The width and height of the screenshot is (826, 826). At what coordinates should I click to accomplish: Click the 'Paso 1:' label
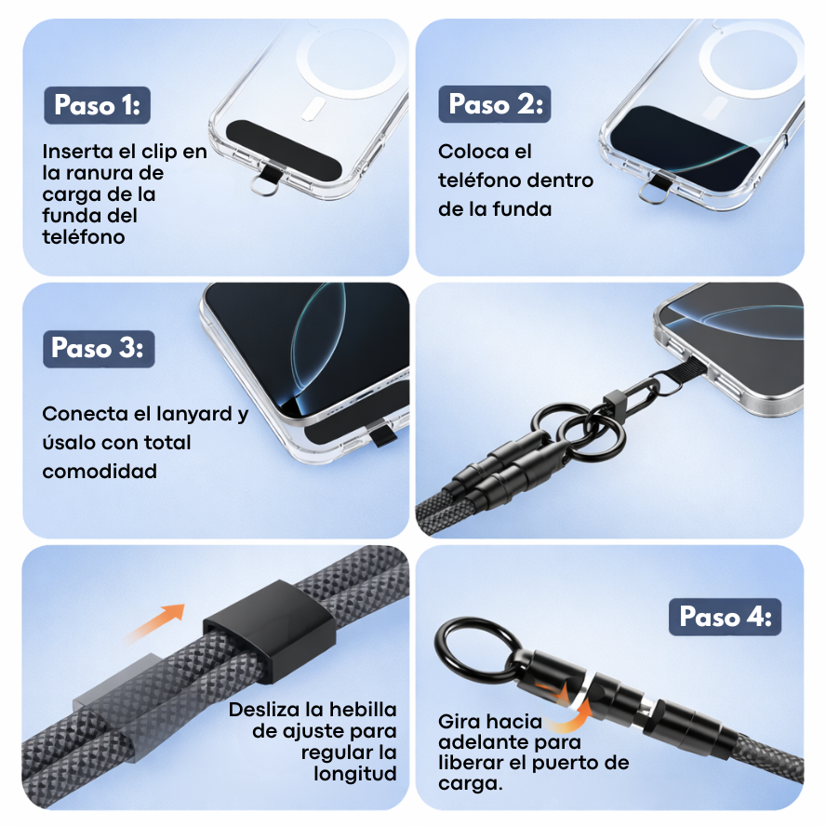tap(98, 105)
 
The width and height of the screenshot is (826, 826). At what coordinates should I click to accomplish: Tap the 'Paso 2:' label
tap(495, 104)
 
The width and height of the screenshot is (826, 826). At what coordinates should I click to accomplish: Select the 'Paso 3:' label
tap(99, 349)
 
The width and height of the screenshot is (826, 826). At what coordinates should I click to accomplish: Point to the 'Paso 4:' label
tap(725, 617)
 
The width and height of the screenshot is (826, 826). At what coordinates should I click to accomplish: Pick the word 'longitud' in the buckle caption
tap(355, 774)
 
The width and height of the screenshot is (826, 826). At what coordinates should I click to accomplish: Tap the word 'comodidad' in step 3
tap(100, 471)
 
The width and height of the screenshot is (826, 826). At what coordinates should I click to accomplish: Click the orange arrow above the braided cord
tap(153, 623)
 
